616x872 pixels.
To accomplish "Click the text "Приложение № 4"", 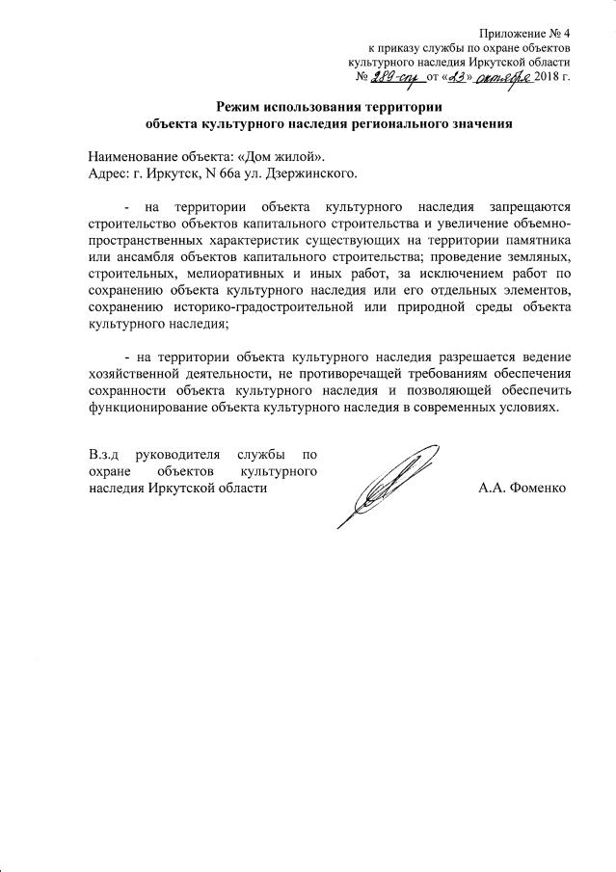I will coord(525,31).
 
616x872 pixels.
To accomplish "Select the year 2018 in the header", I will coord(549,78).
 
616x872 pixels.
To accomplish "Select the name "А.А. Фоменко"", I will coord(522,488).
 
